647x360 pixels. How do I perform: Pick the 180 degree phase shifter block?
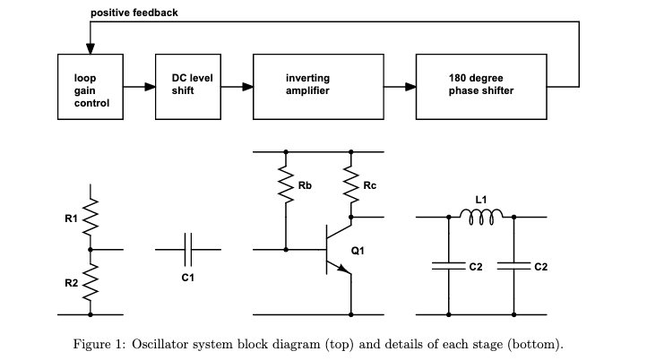[480, 88]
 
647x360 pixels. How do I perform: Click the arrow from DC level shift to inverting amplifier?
[237, 88]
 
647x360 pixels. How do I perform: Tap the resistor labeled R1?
[91, 219]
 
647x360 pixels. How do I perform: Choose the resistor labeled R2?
[91, 282]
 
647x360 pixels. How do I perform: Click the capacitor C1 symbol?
[187, 250]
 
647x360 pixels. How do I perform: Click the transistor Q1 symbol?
[338, 252]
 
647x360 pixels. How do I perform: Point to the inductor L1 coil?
[481, 216]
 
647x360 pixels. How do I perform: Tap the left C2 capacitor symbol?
[448, 266]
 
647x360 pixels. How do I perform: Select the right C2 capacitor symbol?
[513, 266]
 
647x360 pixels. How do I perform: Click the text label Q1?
[358, 251]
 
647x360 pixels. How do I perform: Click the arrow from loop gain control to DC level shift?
[140, 88]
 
